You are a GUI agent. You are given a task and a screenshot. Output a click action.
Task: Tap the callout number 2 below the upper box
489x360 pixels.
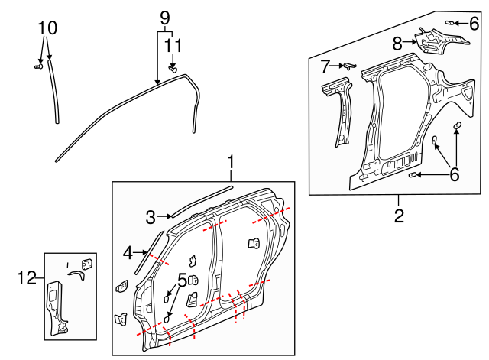click(x=399, y=216)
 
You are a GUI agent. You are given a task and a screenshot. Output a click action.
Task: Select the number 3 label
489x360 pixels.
click(x=151, y=217)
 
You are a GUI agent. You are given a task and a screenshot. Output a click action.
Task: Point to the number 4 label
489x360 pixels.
click(x=128, y=251)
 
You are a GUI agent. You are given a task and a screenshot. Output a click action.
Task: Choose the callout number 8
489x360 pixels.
click(x=397, y=44)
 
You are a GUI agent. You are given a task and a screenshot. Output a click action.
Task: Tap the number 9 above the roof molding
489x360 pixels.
click(x=164, y=17)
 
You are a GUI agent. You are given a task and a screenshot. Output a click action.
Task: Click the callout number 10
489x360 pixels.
click(x=47, y=28)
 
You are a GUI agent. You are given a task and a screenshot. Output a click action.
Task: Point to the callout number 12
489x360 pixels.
click(x=27, y=278)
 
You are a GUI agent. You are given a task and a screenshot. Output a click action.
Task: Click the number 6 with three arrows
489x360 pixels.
click(x=454, y=175)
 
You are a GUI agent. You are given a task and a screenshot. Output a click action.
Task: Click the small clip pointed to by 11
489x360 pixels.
click(x=173, y=70)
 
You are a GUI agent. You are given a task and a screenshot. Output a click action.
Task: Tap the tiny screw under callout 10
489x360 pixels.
click(x=37, y=67)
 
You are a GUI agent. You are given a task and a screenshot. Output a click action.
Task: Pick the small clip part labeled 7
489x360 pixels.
click(x=347, y=66)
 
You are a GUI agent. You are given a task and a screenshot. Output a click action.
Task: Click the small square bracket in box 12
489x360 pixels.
click(x=86, y=262)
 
